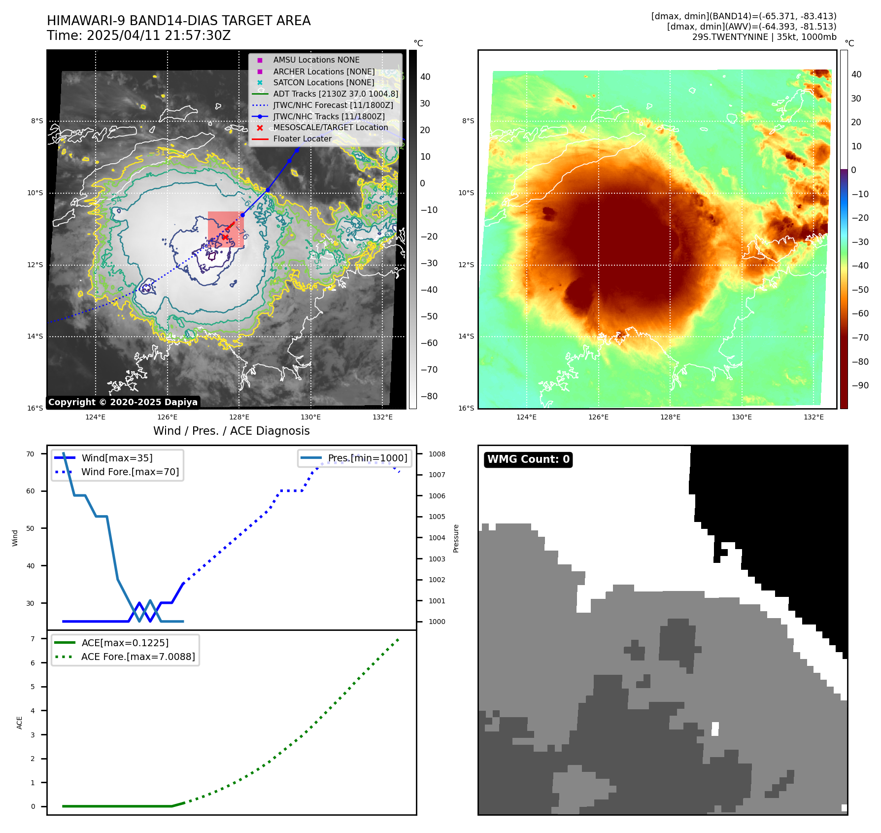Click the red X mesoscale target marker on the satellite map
225,237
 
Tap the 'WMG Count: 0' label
528,459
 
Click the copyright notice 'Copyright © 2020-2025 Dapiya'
123,402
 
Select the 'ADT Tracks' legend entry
336,94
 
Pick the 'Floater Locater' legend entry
302,139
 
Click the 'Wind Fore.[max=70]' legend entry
130,472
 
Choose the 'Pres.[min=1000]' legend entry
368,458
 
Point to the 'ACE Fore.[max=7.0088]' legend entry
138,657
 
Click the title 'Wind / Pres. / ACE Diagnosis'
232,431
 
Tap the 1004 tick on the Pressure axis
437,538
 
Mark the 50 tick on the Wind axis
31,528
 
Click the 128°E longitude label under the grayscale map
239,417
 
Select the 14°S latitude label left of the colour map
466,336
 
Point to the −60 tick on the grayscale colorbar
429,343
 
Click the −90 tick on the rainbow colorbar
860,385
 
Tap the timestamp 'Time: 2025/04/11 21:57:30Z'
139,35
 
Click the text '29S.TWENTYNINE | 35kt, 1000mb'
764,37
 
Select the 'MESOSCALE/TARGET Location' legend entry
331,128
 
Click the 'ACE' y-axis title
20,723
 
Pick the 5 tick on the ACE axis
33,687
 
